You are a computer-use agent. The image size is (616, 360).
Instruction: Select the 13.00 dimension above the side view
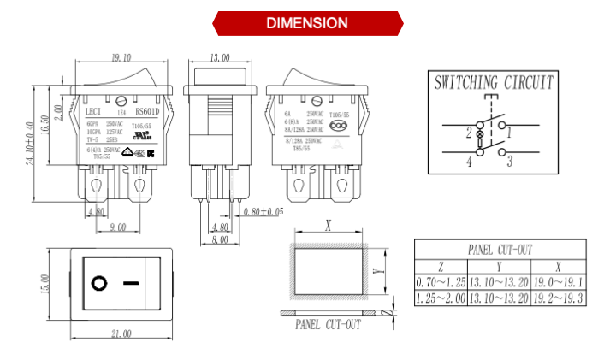(220, 57)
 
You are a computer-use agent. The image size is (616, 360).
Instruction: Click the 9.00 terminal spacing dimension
(117, 227)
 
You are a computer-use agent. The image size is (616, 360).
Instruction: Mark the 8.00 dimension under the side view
(220, 240)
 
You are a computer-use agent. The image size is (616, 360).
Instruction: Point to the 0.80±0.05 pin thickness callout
(264, 211)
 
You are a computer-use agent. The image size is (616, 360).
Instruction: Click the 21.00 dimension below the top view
(121, 333)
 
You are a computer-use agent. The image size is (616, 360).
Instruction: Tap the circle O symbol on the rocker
(99, 283)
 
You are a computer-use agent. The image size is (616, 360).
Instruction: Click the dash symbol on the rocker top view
(130, 283)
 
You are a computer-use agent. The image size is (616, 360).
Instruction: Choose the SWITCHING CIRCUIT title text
(494, 83)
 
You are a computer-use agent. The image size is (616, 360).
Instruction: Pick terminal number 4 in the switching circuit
(469, 160)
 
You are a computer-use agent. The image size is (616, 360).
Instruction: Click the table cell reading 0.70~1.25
(441, 281)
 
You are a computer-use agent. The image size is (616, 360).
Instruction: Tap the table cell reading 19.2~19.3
(558, 298)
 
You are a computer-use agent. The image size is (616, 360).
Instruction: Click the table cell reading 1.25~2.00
(441, 298)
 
